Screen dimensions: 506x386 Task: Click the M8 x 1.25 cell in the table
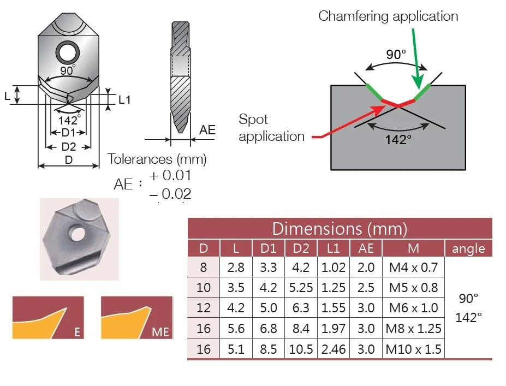(x=413, y=329)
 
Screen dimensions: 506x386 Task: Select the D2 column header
(x=301, y=248)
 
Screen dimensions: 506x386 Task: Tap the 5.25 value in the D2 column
(x=301, y=288)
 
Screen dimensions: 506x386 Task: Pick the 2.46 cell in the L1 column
(x=334, y=349)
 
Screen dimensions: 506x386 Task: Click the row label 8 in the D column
(x=203, y=267)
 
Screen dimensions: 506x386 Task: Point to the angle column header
(x=468, y=248)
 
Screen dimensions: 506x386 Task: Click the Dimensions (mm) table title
(x=340, y=229)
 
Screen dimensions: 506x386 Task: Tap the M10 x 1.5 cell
(x=413, y=349)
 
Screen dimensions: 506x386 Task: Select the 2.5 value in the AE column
(x=366, y=288)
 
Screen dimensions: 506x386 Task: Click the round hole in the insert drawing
(x=68, y=52)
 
